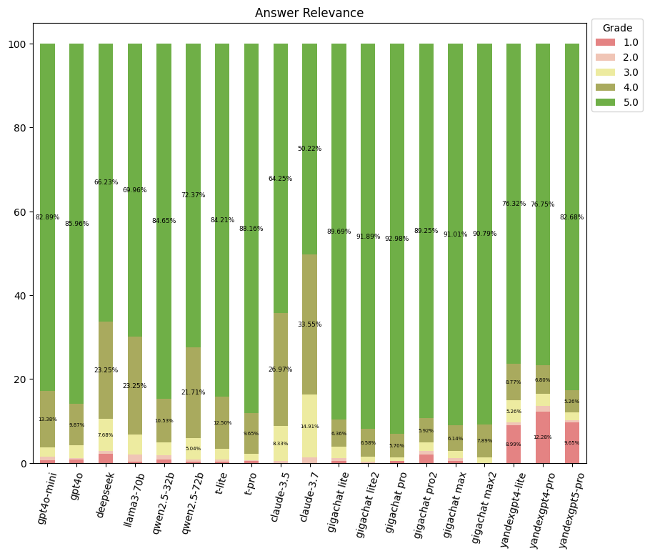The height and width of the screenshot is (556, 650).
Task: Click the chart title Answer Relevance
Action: (x=309, y=13)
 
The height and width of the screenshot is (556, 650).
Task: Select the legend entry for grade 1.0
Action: (x=619, y=42)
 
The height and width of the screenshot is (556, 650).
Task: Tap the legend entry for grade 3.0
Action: (x=619, y=72)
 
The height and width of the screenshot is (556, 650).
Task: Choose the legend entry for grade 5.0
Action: (x=619, y=102)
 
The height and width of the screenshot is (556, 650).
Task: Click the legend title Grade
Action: (x=616, y=28)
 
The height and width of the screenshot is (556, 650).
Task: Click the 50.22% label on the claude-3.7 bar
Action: (x=309, y=149)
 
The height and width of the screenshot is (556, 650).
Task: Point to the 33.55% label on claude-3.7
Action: (x=309, y=324)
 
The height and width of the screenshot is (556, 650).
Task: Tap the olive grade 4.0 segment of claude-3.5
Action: (x=281, y=350)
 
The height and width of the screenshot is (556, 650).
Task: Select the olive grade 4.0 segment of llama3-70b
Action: (x=135, y=372)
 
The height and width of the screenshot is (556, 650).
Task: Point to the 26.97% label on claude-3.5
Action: (x=280, y=369)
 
